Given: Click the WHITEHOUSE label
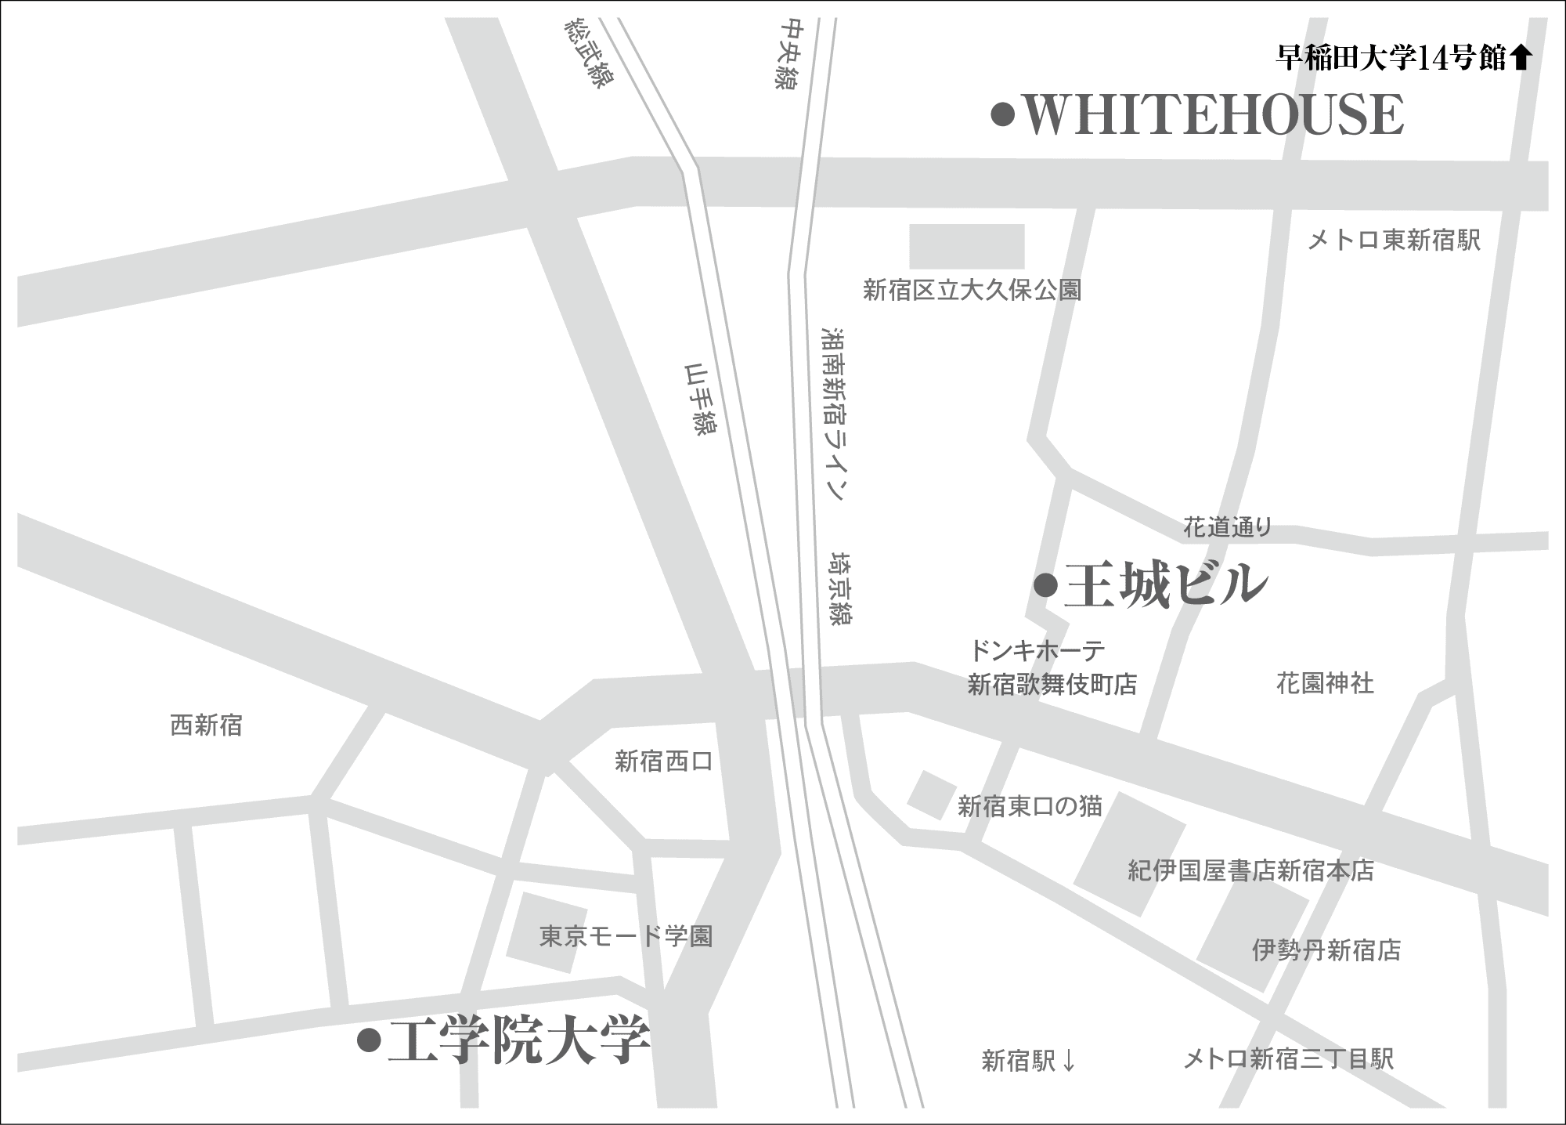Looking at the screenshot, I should pos(1214,116).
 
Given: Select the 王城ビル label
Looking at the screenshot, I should pos(1165,585).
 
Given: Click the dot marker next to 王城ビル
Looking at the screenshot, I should pos(1045,585).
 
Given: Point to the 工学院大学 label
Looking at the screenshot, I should pos(519,1041).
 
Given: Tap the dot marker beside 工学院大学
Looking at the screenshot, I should pos(368,1041).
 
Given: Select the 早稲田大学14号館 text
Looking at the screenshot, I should pos(1391,57).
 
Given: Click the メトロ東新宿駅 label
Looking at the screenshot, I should pos(1394,241).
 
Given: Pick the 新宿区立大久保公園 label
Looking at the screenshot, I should pos(972,291).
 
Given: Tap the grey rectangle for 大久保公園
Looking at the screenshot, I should pos(966,246).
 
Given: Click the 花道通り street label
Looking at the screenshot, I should pos(1227,528).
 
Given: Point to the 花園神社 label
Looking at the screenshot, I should pos(1325,684).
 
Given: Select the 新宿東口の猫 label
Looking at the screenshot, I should pos(1030,805).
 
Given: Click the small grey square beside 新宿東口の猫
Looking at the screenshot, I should pos(931,794).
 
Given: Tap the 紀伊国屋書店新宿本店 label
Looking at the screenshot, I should pos(1250,870).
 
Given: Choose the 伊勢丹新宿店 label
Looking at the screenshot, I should pos(1326,950).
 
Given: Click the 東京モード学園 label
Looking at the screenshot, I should pos(626,936).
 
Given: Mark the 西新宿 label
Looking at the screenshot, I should pos(206,725).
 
